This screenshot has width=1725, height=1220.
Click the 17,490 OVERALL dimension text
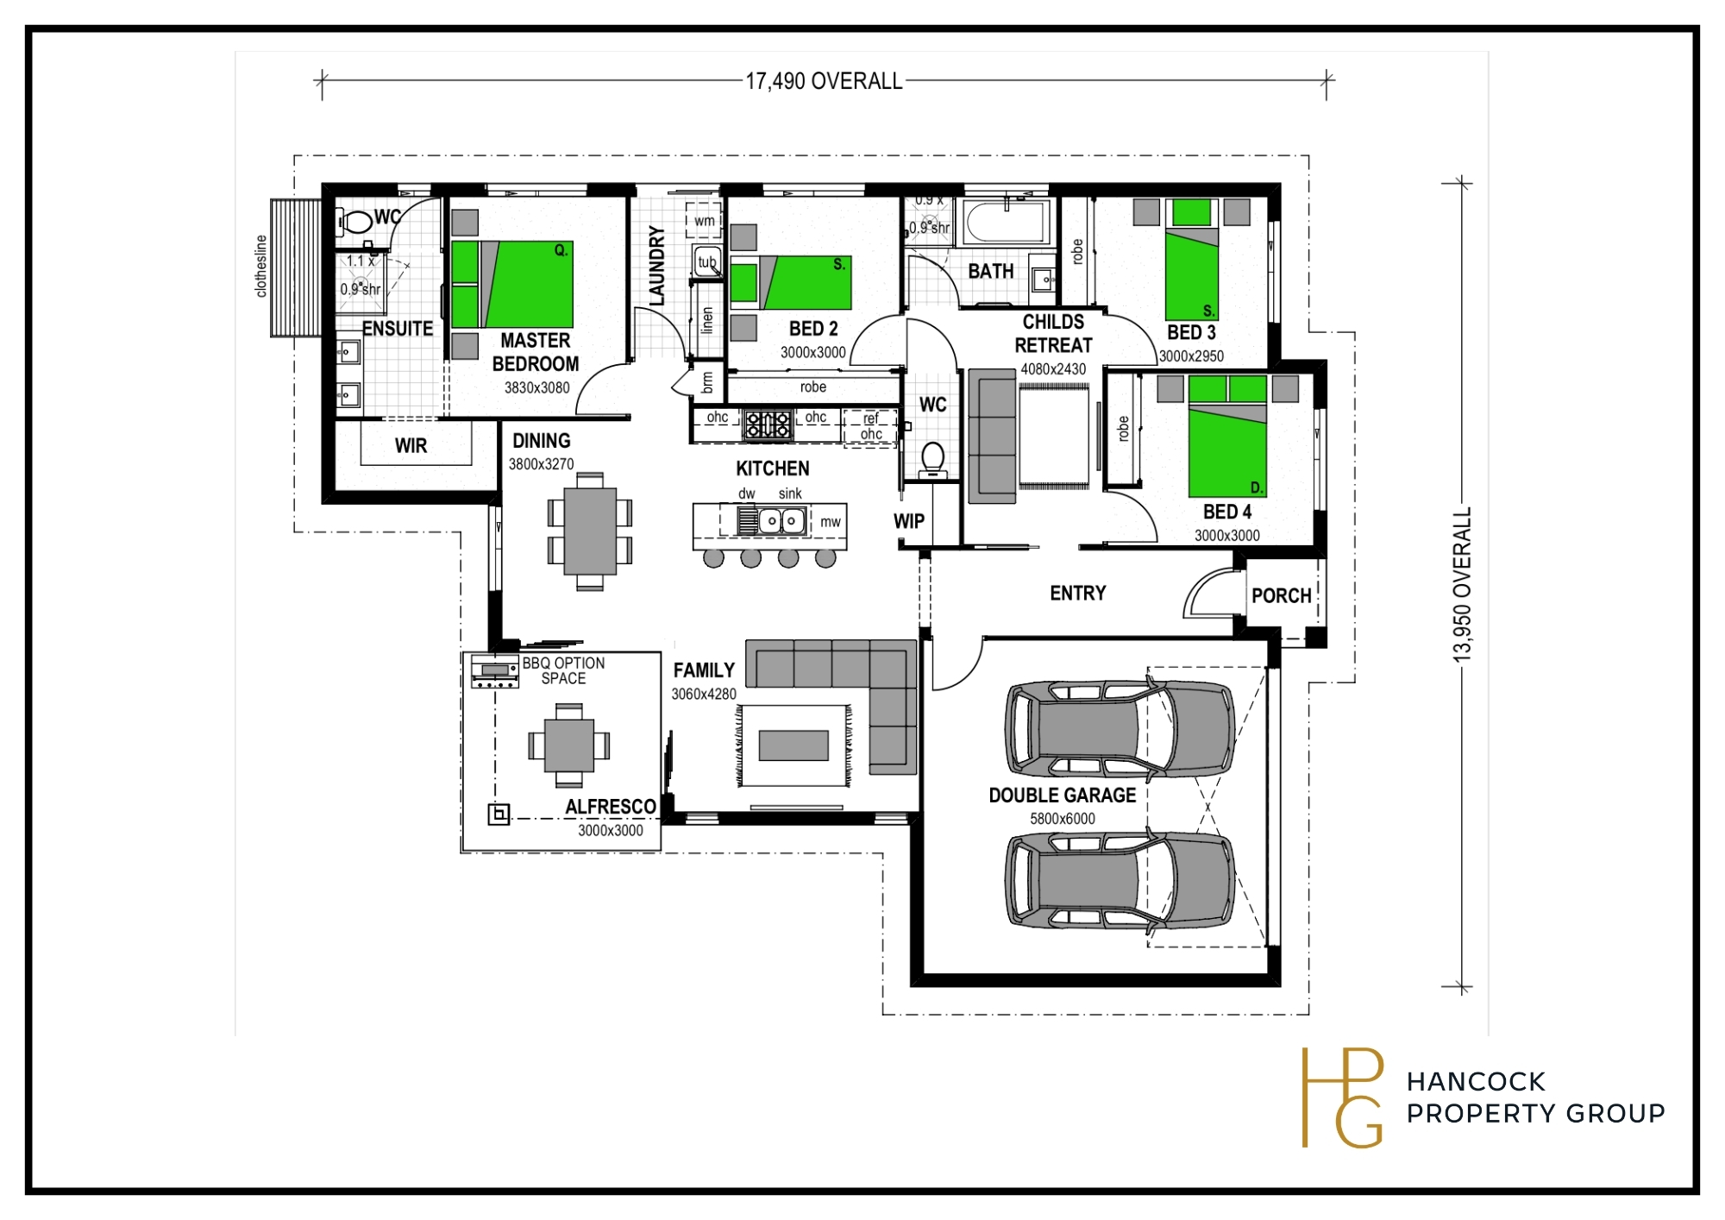[x=824, y=81]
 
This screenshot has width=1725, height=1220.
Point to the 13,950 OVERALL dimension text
[x=1462, y=585]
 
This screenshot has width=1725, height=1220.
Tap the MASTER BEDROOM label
[x=536, y=352]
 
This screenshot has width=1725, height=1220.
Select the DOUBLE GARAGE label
[x=1062, y=795]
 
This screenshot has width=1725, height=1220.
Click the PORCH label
[x=1282, y=595]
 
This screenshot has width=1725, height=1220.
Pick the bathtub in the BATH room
[x=1007, y=223]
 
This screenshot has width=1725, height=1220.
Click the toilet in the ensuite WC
[x=355, y=222]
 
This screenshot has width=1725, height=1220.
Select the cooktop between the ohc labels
[x=768, y=424]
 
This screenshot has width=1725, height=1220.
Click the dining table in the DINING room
[x=590, y=531]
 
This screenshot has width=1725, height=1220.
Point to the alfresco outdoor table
[x=569, y=745]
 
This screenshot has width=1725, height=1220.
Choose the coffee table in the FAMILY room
[x=793, y=745]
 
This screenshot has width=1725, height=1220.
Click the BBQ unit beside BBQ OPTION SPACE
[x=495, y=671]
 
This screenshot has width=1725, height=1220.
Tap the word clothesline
[x=261, y=266]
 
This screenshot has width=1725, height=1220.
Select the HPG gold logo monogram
[x=1342, y=1097]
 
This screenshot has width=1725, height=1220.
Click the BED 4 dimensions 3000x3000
[x=1226, y=535]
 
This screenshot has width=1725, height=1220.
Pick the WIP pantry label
[x=909, y=521]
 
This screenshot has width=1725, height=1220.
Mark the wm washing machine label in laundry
[x=705, y=221]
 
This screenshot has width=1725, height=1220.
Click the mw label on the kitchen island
[x=831, y=522]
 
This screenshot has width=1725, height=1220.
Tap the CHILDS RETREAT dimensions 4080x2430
[x=1053, y=369]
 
